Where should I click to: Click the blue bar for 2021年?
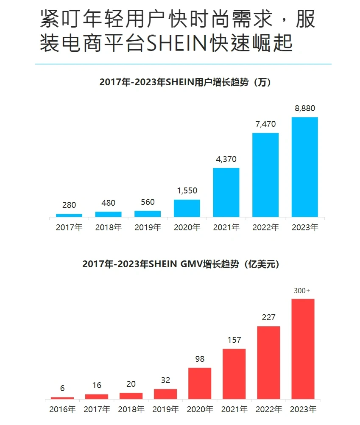point(226,192)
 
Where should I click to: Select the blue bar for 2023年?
point(304,167)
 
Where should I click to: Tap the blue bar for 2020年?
point(187,208)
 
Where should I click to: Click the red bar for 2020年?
point(200,383)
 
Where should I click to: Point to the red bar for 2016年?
point(62,398)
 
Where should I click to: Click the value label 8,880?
point(305,109)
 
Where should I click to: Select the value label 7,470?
point(265,124)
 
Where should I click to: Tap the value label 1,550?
point(187,191)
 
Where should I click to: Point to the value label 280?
point(69,205)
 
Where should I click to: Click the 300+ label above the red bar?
point(302,291)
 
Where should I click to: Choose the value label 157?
point(234,340)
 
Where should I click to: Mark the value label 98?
point(200,359)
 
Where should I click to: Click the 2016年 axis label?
point(62,410)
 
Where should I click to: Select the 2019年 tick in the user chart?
point(148,227)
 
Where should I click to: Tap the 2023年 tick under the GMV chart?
point(303,410)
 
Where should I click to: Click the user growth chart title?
point(185,82)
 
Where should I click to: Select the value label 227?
point(268,317)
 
